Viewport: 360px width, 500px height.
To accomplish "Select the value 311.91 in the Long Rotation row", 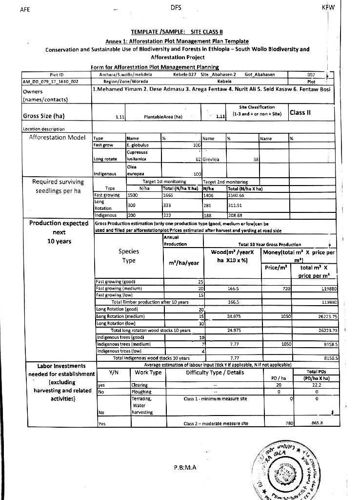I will [236, 205].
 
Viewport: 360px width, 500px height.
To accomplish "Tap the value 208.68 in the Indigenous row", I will [236, 214].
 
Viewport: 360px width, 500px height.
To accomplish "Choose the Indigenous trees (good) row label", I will [120, 337].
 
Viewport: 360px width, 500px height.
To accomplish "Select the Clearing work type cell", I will [140, 385].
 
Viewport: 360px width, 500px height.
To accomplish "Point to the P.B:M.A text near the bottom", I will [184, 467].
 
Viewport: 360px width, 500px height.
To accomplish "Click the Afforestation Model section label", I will [58, 137].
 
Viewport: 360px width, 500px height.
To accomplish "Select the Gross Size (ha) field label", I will [45, 116].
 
